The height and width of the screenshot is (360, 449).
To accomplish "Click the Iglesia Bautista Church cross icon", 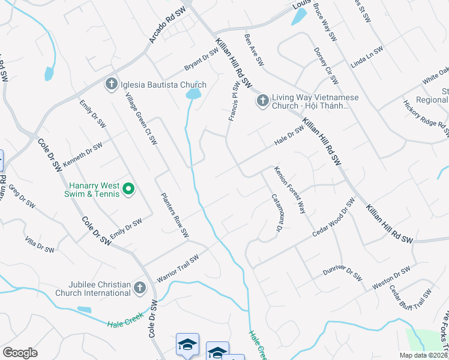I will pyautogui.click(x=111, y=85).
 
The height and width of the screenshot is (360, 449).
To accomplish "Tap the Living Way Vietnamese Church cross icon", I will pyautogui.click(x=262, y=101).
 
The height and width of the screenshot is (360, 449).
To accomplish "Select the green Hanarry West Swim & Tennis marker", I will pyautogui.click(x=128, y=190).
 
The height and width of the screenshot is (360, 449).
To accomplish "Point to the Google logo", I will pyautogui.click(x=20, y=353).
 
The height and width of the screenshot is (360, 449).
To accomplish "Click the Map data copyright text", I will pyautogui.click(x=423, y=355).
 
